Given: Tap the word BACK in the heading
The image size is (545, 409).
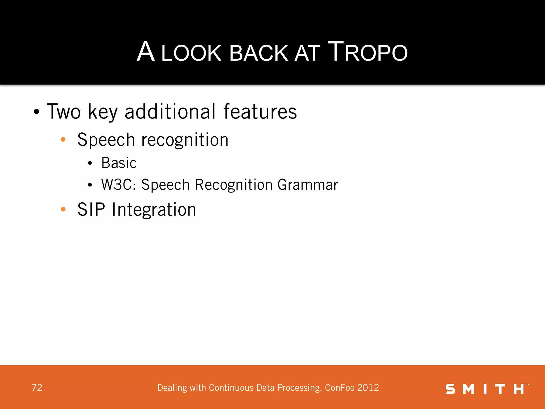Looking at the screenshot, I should pos(259,53).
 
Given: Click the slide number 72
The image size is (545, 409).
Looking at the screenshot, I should pos(37,388).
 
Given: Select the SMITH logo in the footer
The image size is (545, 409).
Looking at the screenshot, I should pos(487,389).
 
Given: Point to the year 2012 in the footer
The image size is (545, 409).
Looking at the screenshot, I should pos(368,388).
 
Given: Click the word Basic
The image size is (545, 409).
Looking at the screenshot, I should pos(119,163).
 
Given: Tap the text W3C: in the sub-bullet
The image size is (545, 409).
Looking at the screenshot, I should pos(119,185).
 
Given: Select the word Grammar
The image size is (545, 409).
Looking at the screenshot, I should pos(308,185).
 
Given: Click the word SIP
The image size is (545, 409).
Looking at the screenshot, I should pos(91,209).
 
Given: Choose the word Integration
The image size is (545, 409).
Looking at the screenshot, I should pos(154,210).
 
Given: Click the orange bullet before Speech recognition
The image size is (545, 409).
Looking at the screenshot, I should pos(63,139).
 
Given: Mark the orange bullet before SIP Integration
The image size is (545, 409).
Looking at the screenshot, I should pos(63,209).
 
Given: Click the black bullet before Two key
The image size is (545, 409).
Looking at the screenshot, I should pos(36,112).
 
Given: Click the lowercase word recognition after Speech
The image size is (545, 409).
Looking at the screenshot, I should pos(185,140).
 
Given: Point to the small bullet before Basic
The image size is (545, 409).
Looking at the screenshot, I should pos(90,163).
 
